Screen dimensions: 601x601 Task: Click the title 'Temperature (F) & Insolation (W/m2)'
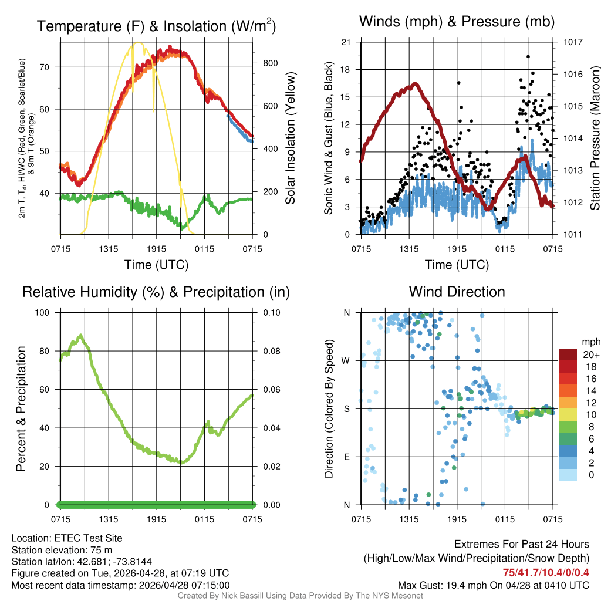[x=156, y=26]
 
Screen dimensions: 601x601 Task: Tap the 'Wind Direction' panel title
[x=457, y=292]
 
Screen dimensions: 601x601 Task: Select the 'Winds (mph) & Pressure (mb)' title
[x=457, y=22]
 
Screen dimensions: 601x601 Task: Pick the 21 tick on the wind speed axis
[x=346, y=42]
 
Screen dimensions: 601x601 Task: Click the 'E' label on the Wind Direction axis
[x=346, y=457]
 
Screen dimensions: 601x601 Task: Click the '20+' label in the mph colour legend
[x=590, y=354]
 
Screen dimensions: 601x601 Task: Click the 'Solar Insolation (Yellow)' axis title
[x=290, y=139]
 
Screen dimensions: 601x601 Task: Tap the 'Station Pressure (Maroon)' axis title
[x=594, y=139]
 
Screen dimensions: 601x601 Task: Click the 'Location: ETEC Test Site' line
[x=67, y=538]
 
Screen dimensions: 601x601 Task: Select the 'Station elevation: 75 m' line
[x=62, y=550]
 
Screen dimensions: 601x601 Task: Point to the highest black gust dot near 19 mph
[x=528, y=57]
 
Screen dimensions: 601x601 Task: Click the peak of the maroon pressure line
[x=416, y=84]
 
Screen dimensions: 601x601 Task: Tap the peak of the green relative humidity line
[x=80, y=336]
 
